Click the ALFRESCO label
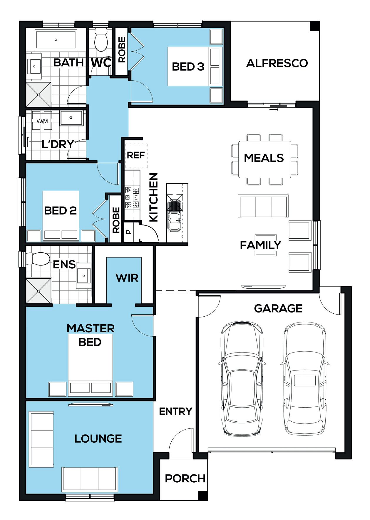coord(277,63)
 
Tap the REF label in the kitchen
coord(135,155)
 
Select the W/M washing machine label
coord(42,121)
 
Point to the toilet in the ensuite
coord(38,259)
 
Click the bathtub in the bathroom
coord(56,39)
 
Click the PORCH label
coord(185,479)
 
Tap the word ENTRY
coord(175,411)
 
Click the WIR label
coord(127,278)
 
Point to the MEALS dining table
coord(264,159)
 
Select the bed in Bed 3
coord(194,67)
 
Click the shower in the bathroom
coord(39,94)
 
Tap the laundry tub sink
coord(71,118)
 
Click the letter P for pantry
coord(128,232)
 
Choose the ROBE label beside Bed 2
coord(116,220)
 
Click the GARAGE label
coord(278,308)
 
